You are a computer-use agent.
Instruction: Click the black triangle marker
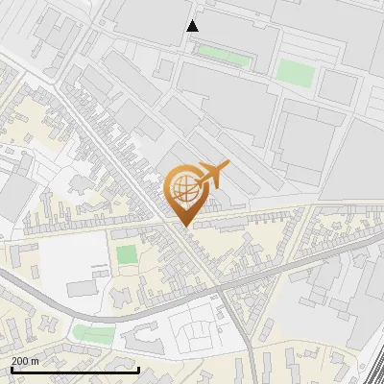pyautogui.click(x=193, y=26)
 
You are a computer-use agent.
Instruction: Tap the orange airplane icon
pyautogui.click(x=213, y=175)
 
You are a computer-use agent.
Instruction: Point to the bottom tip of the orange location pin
pyautogui.click(x=182, y=226)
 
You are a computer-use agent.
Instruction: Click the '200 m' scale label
pyautogui.click(x=26, y=361)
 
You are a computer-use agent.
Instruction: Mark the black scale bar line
pyautogui.click(x=75, y=370)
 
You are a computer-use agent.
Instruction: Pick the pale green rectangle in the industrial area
pyautogui.click(x=296, y=73)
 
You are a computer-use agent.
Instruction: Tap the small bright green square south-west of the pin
pyautogui.click(x=127, y=255)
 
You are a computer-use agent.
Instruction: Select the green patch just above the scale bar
pyautogui.click(x=93, y=333)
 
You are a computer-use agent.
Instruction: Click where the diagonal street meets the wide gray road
pyautogui.click(x=221, y=285)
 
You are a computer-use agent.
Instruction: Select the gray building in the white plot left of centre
pyautogui.click(x=84, y=287)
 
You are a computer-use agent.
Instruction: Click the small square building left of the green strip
pyautogui.click(x=164, y=70)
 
